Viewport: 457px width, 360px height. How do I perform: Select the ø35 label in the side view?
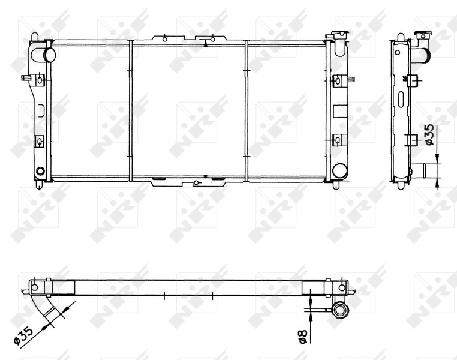[429, 136]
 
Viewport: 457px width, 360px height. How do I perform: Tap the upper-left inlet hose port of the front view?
[48, 55]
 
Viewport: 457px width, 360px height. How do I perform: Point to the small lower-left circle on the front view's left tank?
[40, 172]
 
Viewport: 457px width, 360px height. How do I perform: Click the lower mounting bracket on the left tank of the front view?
[40, 141]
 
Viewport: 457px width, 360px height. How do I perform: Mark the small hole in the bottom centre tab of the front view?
[197, 183]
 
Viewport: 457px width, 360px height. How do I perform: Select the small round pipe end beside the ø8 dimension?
[341, 310]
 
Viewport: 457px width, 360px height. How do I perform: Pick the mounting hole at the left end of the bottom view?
[34, 287]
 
